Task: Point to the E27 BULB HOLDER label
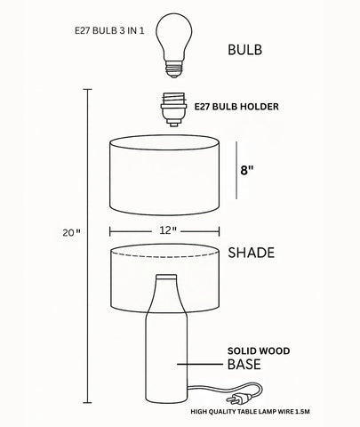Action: pyautogui.click(x=236, y=108)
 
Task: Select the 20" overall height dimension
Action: pyautogui.click(x=72, y=233)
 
